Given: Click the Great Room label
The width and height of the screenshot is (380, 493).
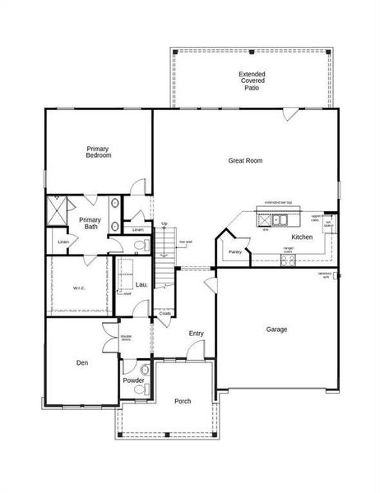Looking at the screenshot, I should tap(245, 161).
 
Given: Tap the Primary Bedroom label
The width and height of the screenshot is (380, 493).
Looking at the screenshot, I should tap(99, 152).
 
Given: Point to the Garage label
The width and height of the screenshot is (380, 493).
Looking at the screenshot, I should tap(276, 329).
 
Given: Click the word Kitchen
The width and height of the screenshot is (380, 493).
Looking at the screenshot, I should tap(302, 237).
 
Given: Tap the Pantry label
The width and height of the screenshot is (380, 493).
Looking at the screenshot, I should tap(235, 252).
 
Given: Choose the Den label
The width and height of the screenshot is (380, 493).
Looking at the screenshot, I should tap(82, 362).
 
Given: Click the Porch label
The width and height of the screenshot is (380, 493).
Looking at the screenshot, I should tap(183, 401).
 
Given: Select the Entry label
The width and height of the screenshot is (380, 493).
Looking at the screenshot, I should tap(196, 333).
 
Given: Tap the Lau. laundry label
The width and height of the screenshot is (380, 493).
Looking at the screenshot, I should tap(141, 285).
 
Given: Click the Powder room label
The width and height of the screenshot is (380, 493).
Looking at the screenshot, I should tap(133, 380).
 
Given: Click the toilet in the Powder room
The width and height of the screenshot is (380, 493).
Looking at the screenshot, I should tap(145, 369).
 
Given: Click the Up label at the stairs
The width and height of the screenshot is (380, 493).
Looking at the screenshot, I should tap(165, 223).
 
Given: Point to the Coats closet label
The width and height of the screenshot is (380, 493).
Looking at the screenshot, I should tap(165, 313).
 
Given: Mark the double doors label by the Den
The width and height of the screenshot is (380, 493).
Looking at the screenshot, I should tap(126, 337).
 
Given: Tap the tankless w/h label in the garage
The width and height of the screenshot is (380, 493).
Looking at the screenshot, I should tap(326, 275).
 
